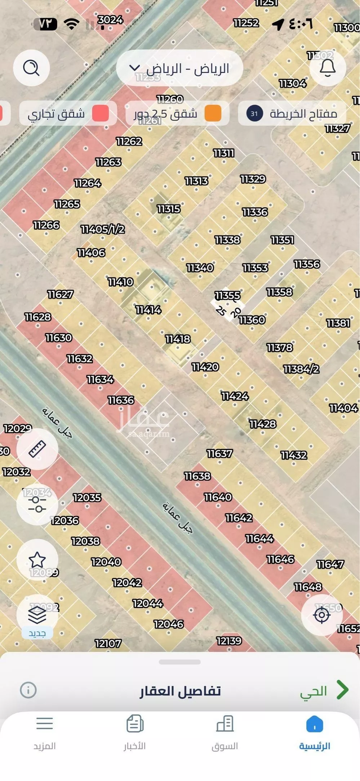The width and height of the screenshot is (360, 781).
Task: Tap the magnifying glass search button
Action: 31,68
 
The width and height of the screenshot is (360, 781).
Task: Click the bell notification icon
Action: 328,68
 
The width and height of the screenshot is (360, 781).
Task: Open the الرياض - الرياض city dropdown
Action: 179,68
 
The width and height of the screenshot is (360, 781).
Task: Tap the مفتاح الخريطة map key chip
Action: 292,114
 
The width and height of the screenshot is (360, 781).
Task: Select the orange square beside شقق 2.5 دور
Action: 213,114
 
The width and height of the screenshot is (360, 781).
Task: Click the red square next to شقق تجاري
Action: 100,114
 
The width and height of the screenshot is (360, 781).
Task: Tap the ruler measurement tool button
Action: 37,449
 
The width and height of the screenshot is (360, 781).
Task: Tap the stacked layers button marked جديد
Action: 37,615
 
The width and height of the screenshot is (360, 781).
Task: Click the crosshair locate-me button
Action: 321,615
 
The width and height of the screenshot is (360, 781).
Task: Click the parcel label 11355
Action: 227,296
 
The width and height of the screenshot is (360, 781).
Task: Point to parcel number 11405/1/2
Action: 103,229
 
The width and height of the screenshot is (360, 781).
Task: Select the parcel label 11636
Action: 121,400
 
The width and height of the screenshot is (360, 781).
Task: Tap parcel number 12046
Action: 169,624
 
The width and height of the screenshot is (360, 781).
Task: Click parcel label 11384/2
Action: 301,369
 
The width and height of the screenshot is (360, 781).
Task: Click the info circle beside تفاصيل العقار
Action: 28,690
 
